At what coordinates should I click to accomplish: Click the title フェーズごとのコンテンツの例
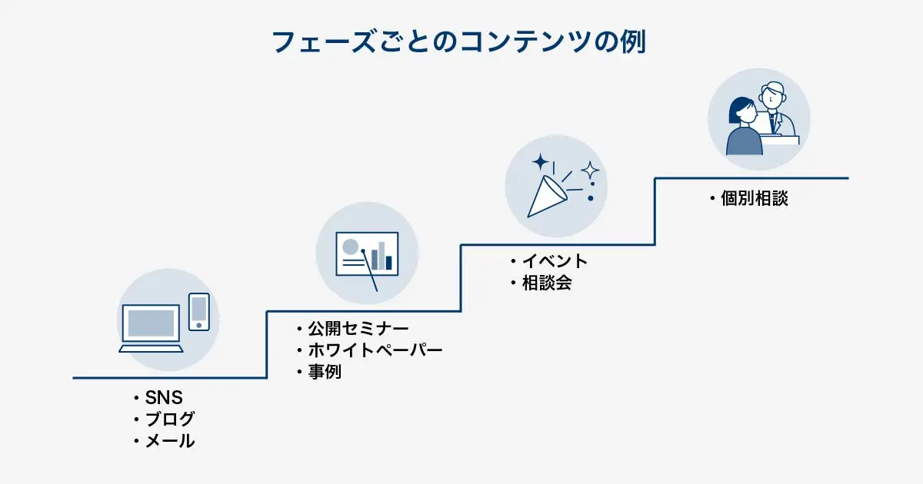[459, 42]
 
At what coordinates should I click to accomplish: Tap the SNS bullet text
[164, 398]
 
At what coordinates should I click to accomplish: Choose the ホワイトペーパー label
[375, 351]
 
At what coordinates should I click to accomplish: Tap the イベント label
[554, 262]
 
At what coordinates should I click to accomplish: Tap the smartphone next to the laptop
[199, 311]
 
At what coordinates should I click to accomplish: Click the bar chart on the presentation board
[382, 255]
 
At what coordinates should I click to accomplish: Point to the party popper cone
[545, 197]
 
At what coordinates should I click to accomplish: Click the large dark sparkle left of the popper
[540, 162]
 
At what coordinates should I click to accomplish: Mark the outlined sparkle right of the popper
[590, 169]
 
